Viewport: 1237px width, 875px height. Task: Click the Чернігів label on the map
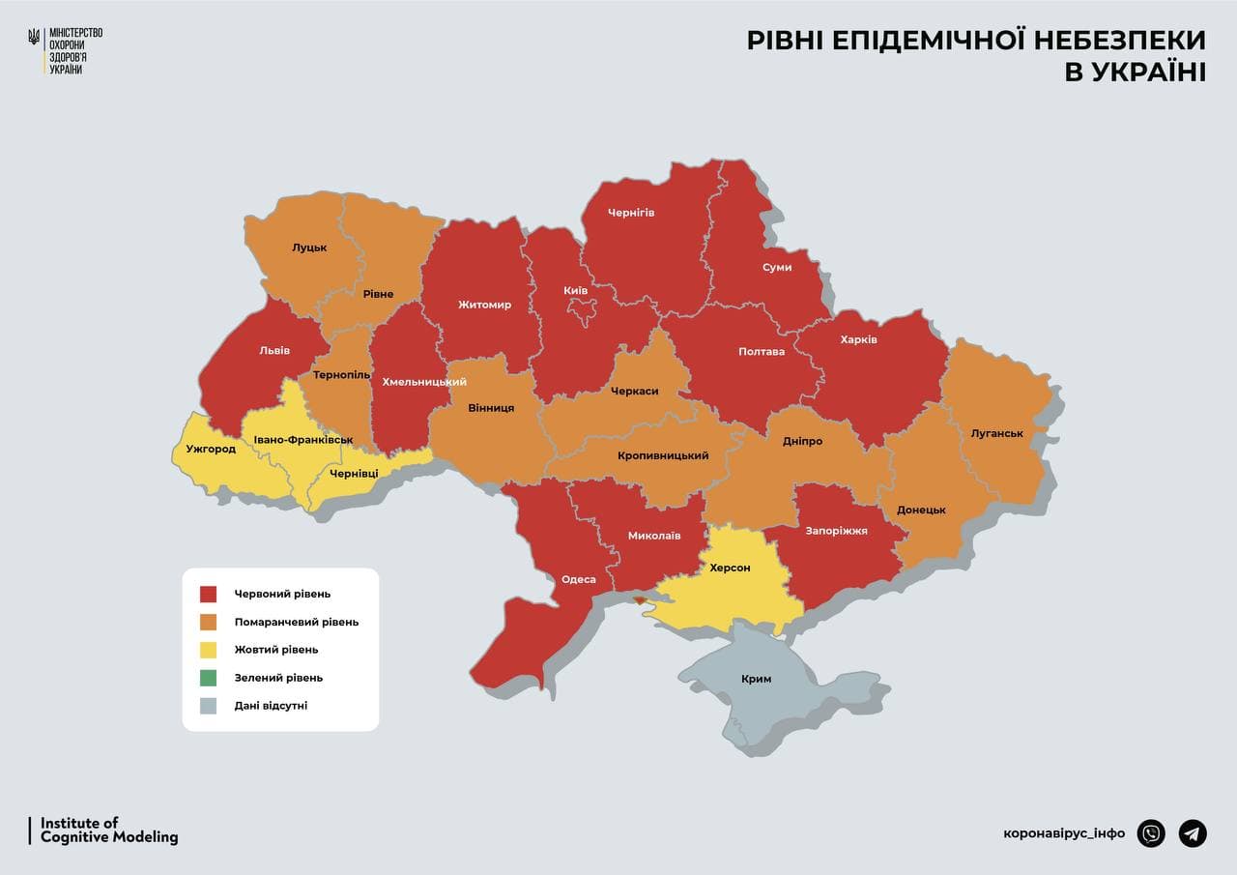631,212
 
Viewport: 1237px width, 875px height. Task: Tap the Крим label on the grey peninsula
756,679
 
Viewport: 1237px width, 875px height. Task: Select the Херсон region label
730,568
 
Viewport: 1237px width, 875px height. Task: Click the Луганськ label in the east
996,433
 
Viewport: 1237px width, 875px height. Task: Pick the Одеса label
579,580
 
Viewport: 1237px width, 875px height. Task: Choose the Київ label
576,290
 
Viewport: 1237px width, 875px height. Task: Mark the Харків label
858,339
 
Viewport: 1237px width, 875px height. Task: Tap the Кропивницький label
663,455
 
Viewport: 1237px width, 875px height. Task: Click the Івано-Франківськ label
302,440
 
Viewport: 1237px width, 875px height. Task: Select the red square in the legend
208,594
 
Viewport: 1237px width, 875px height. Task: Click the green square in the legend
208,678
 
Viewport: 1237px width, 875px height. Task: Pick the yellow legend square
208,650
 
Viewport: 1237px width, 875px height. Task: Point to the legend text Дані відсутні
271,706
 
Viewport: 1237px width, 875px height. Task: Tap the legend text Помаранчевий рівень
296,622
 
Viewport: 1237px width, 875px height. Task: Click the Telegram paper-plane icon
1193,832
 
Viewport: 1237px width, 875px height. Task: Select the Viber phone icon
1151,832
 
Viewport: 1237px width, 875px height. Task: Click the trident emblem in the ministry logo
34,38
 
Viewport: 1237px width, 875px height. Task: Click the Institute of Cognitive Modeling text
108,831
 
